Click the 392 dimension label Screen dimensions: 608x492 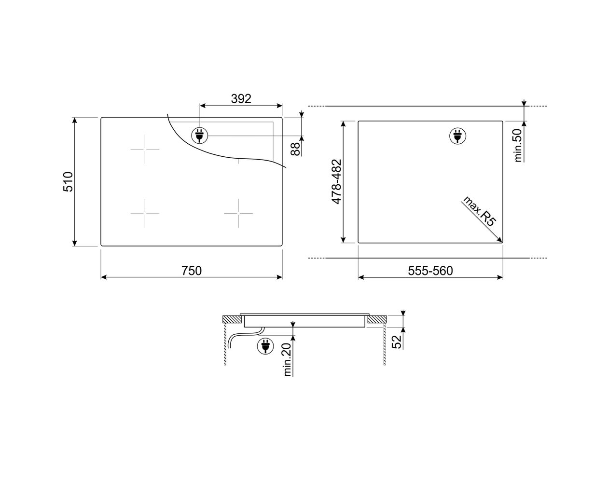pos(241,99)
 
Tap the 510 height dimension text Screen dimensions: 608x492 pos(68,181)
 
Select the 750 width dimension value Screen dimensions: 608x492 pos(192,271)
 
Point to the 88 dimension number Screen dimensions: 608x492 pos(295,149)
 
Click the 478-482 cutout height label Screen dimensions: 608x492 pos(336,181)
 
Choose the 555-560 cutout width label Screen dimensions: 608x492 pos(430,271)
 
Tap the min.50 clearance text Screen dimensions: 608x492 pos(517,145)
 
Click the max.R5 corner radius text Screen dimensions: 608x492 pos(479,211)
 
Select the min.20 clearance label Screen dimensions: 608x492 pos(287,359)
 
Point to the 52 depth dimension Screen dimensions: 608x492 pos(397,342)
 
